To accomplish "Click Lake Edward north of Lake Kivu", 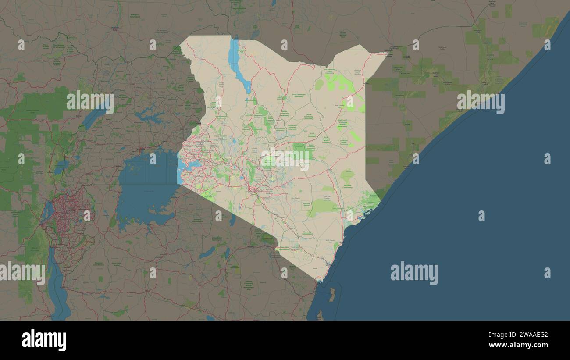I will click(61, 167).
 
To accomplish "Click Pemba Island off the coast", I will click(332, 294).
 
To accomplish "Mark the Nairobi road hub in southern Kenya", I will click(253, 189).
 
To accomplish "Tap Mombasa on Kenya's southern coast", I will click(328, 264).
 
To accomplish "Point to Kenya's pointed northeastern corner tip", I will click(387, 53).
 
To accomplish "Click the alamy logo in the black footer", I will click(44, 340).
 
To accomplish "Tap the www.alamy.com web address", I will click(516, 345).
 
